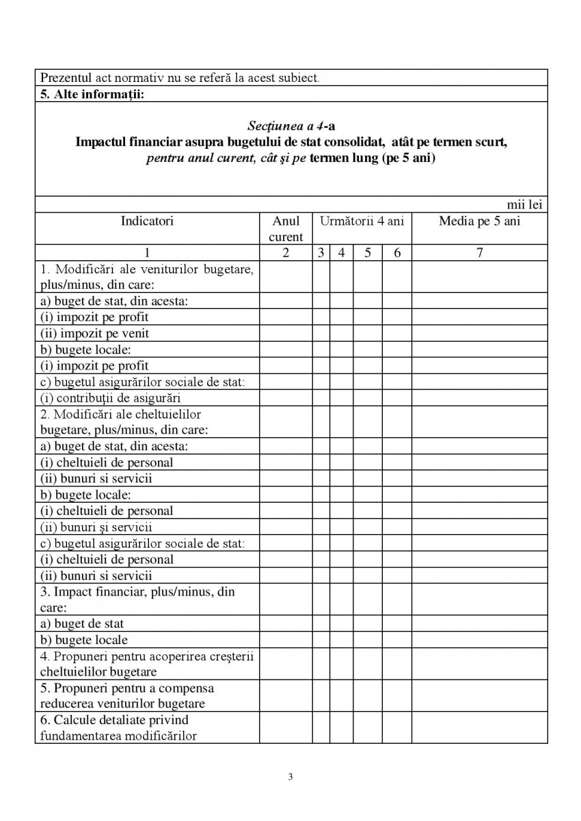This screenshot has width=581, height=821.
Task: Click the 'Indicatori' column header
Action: coord(147,221)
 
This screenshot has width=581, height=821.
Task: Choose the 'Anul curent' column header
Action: coord(286,229)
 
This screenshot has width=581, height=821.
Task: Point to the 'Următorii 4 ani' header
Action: coord(362,221)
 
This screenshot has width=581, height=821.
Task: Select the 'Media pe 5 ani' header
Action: coord(479,221)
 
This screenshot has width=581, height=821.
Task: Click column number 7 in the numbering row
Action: coord(479,253)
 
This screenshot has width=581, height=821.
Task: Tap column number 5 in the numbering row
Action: coord(367,253)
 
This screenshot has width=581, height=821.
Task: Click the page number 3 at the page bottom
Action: coord(290,777)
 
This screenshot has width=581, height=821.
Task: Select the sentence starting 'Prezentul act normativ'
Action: coord(180,78)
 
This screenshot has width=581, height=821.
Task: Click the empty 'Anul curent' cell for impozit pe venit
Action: coord(286,333)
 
